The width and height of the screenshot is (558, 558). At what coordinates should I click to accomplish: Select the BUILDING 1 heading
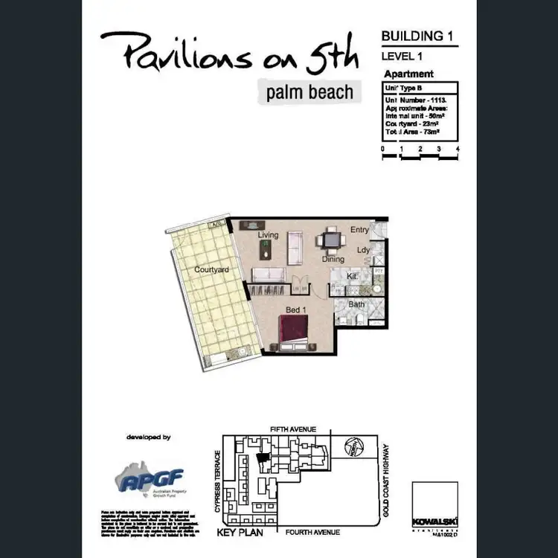(x=417, y=35)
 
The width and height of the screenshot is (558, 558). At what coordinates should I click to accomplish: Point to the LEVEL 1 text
(x=403, y=56)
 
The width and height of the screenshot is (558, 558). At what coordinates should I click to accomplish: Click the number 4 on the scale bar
(x=458, y=150)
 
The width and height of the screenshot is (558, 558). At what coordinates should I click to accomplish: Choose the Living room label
(x=268, y=235)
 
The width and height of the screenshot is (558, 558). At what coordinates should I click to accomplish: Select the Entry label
(x=359, y=230)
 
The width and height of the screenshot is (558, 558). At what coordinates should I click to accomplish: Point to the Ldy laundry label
(x=363, y=251)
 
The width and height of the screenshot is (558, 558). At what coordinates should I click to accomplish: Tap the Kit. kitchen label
(x=353, y=276)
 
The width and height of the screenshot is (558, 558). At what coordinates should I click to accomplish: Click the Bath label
(x=356, y=304)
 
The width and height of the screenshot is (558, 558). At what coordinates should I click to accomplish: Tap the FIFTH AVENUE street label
(x=292, y=429)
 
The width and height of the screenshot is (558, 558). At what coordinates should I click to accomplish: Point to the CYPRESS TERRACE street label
(x=218, y=480)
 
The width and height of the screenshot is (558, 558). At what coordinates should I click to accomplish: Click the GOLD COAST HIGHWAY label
(x=385, y=481)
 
